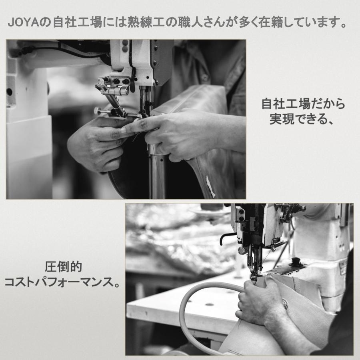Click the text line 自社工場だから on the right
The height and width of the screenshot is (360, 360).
click(303, 105)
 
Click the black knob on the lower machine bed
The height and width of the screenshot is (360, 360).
click(296, 261)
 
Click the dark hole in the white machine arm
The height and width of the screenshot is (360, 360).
click(9, 92)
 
